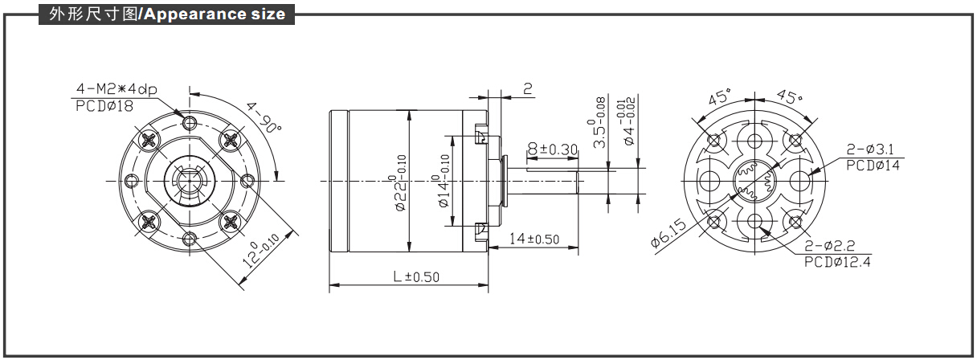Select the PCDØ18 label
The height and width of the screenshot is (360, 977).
104,104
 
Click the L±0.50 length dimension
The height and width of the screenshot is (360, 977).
416,276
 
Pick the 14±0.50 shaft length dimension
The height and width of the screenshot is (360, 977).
534,239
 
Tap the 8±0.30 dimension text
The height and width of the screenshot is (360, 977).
554,149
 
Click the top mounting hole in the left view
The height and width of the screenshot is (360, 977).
190,122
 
